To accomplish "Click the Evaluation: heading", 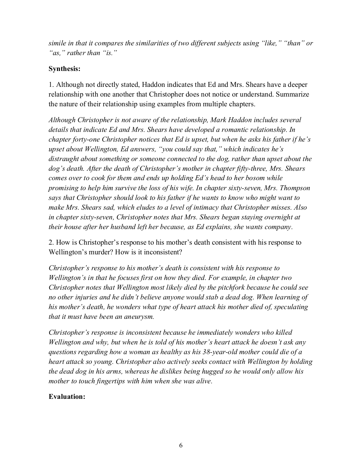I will [x=67, y=396].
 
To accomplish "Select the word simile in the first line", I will [x=57, y=43].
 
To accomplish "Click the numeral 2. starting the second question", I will [x=51, y=242].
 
